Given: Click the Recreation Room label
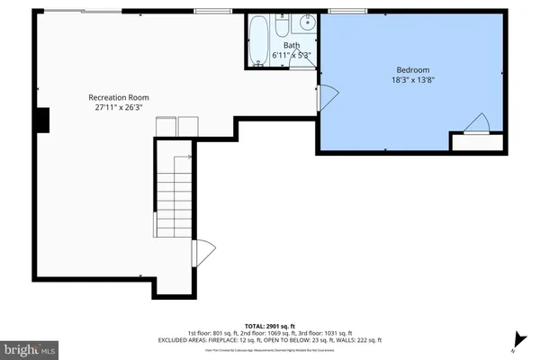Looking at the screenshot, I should click(118, 96).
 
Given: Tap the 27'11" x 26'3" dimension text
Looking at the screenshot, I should click(118, 107).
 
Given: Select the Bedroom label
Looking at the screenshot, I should click(414, 69).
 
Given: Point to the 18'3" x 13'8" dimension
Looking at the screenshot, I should click(414, 80).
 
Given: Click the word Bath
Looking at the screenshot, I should click(292, 45).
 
